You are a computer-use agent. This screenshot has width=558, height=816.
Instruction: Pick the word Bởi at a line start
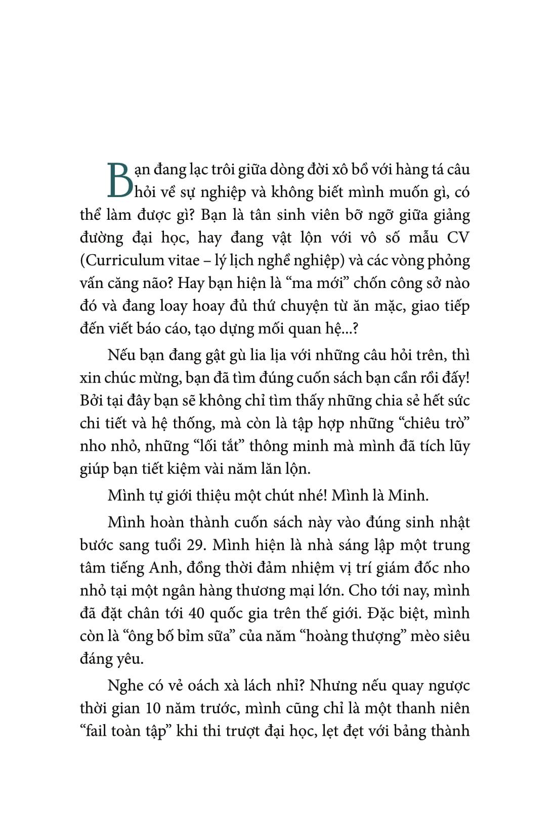click(x=91, y=400)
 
